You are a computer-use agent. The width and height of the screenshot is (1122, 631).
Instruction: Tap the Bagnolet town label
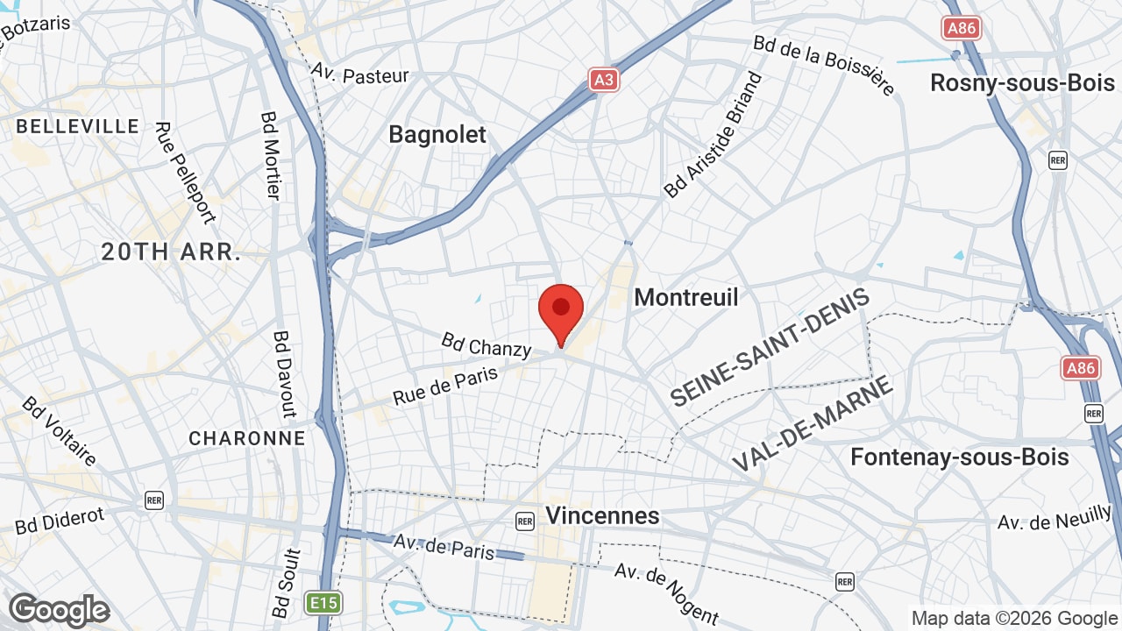pos(437,134)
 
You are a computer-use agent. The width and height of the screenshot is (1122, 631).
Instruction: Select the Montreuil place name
pos(686,297)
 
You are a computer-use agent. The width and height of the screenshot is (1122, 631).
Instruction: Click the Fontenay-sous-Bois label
pos(960,457)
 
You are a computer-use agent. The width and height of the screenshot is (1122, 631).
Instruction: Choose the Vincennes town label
pos(602,515)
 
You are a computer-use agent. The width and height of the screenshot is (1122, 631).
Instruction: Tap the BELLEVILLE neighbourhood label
pos(78,126)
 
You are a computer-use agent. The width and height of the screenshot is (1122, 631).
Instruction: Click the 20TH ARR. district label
pos(171,252)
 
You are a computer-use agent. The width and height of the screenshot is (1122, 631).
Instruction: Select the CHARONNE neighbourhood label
pos(247,438)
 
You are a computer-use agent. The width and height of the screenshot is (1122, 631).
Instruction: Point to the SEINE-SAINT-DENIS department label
pos(770,346)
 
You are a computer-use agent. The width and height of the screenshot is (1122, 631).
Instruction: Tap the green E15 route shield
pos(323,603)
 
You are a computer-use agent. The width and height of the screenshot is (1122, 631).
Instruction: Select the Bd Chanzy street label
pos(486,344)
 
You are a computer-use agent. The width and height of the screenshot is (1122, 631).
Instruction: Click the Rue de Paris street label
pos(445,386)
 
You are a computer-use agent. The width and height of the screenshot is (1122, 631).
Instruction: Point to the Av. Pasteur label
pos(360,74)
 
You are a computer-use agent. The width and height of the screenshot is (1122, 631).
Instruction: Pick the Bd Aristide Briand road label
pos(714,135)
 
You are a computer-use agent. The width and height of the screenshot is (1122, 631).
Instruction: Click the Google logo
pos(59,610)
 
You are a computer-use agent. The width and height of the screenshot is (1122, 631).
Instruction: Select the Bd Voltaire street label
pos(60,431)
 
